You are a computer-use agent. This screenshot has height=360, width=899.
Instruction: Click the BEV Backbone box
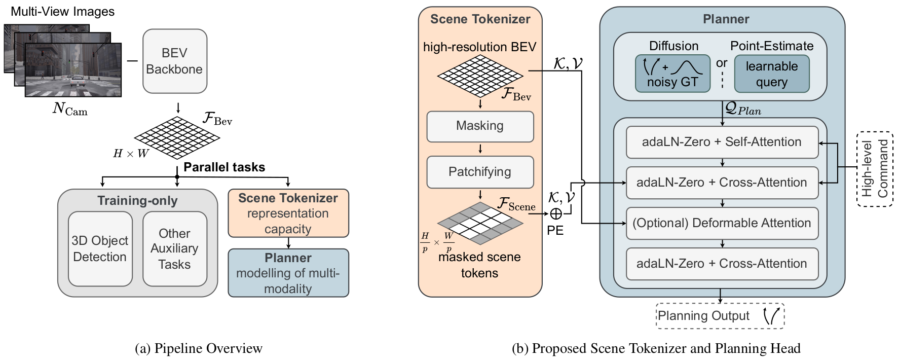coord(174,61)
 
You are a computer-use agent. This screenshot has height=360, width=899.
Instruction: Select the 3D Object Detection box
coord(100,248)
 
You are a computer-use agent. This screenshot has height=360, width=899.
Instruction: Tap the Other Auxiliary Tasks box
coord(174,248)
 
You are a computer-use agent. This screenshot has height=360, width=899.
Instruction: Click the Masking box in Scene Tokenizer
coord(479,126)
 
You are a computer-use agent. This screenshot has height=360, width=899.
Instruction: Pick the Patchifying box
coord(479,172)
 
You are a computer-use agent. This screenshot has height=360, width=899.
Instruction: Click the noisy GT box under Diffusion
coord(672,74)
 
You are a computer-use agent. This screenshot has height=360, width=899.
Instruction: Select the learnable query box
coord(771,74)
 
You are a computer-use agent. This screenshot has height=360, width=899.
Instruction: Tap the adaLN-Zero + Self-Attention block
coord(722,142)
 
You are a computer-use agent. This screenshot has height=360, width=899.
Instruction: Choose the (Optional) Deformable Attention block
coord(722,223)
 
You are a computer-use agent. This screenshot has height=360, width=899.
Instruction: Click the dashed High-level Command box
coord(875,169)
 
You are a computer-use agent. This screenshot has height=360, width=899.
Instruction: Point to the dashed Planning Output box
coord(720,316)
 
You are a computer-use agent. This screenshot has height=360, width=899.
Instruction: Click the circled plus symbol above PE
coord(555,214)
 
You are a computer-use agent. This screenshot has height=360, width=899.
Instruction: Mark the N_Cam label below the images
coord(70,109)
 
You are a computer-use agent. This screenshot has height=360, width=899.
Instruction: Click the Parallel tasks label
coord(224,167)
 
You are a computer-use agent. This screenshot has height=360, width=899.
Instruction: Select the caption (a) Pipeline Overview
coord(199,348)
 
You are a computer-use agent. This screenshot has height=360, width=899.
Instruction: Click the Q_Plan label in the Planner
coord(743,109)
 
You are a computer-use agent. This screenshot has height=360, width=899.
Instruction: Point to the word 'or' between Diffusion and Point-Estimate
coord(722,63)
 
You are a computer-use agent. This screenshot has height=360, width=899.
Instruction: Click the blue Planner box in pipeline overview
coord(288,273)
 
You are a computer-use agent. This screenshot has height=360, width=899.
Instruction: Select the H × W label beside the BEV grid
coord(131,154)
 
